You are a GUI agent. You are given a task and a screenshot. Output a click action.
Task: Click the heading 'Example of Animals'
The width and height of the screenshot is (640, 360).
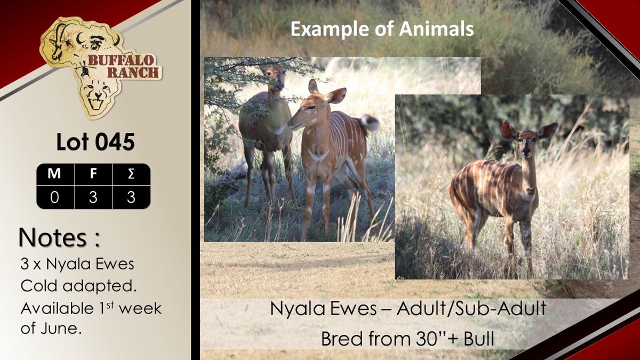point(382,29)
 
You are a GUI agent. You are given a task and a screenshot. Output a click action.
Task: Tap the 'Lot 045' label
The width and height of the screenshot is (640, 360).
point(95,142)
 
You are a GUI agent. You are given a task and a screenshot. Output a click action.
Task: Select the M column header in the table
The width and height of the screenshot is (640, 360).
point(54,174)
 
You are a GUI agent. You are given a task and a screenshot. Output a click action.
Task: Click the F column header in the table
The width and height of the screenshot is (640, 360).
point(93,174)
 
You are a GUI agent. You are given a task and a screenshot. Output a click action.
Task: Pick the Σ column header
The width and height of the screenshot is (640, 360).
point(131,174)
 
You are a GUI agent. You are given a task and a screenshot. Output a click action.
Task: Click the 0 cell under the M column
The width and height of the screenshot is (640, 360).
point(54,197)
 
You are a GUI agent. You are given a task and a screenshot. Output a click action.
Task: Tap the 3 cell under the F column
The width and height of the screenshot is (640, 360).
point(93,197)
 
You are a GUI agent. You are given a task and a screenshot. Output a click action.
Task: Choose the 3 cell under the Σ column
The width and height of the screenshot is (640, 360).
point(131,197)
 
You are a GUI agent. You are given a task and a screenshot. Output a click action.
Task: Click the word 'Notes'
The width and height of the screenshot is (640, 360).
point(53,237)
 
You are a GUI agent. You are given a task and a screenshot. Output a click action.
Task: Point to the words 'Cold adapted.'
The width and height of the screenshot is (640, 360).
point(78,286)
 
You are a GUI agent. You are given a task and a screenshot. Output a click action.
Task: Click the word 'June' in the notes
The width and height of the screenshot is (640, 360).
point(59,328)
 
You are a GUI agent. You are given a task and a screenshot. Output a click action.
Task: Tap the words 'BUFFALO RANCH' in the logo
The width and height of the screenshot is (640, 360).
point(123,67)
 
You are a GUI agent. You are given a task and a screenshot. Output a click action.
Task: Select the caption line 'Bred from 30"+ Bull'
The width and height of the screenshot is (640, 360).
point(407,339)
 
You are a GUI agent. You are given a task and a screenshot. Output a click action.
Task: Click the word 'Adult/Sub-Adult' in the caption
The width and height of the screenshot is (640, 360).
point(471,309)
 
